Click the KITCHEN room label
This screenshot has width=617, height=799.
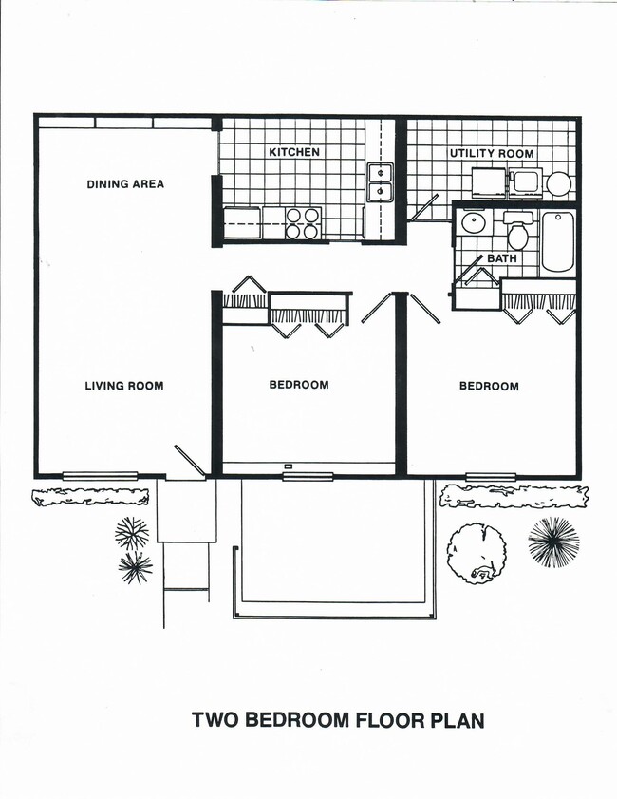pos(293,152)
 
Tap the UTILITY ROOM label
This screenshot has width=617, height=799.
pos(491,153)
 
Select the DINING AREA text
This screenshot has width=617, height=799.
pos(125,183)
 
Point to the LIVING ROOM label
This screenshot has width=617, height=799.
pos(123,386)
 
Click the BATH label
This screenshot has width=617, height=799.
pos(502,258)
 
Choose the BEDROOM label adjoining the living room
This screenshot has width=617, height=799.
pos(299,385)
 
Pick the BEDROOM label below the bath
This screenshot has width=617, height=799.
pos(489,386)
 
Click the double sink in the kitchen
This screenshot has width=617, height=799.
pos(381,182)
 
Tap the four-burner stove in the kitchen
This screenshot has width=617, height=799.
pos(304,223)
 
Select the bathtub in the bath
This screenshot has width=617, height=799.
pos(558,241)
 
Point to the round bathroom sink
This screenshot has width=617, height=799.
pos(472,224)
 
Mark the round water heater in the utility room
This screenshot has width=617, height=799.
pos(558,184)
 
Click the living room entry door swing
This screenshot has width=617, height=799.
pos(189,461)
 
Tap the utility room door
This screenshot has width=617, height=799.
pos(423,208)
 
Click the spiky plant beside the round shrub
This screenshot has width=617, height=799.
pos(553,542)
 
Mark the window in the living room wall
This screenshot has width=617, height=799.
pos(100,475)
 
